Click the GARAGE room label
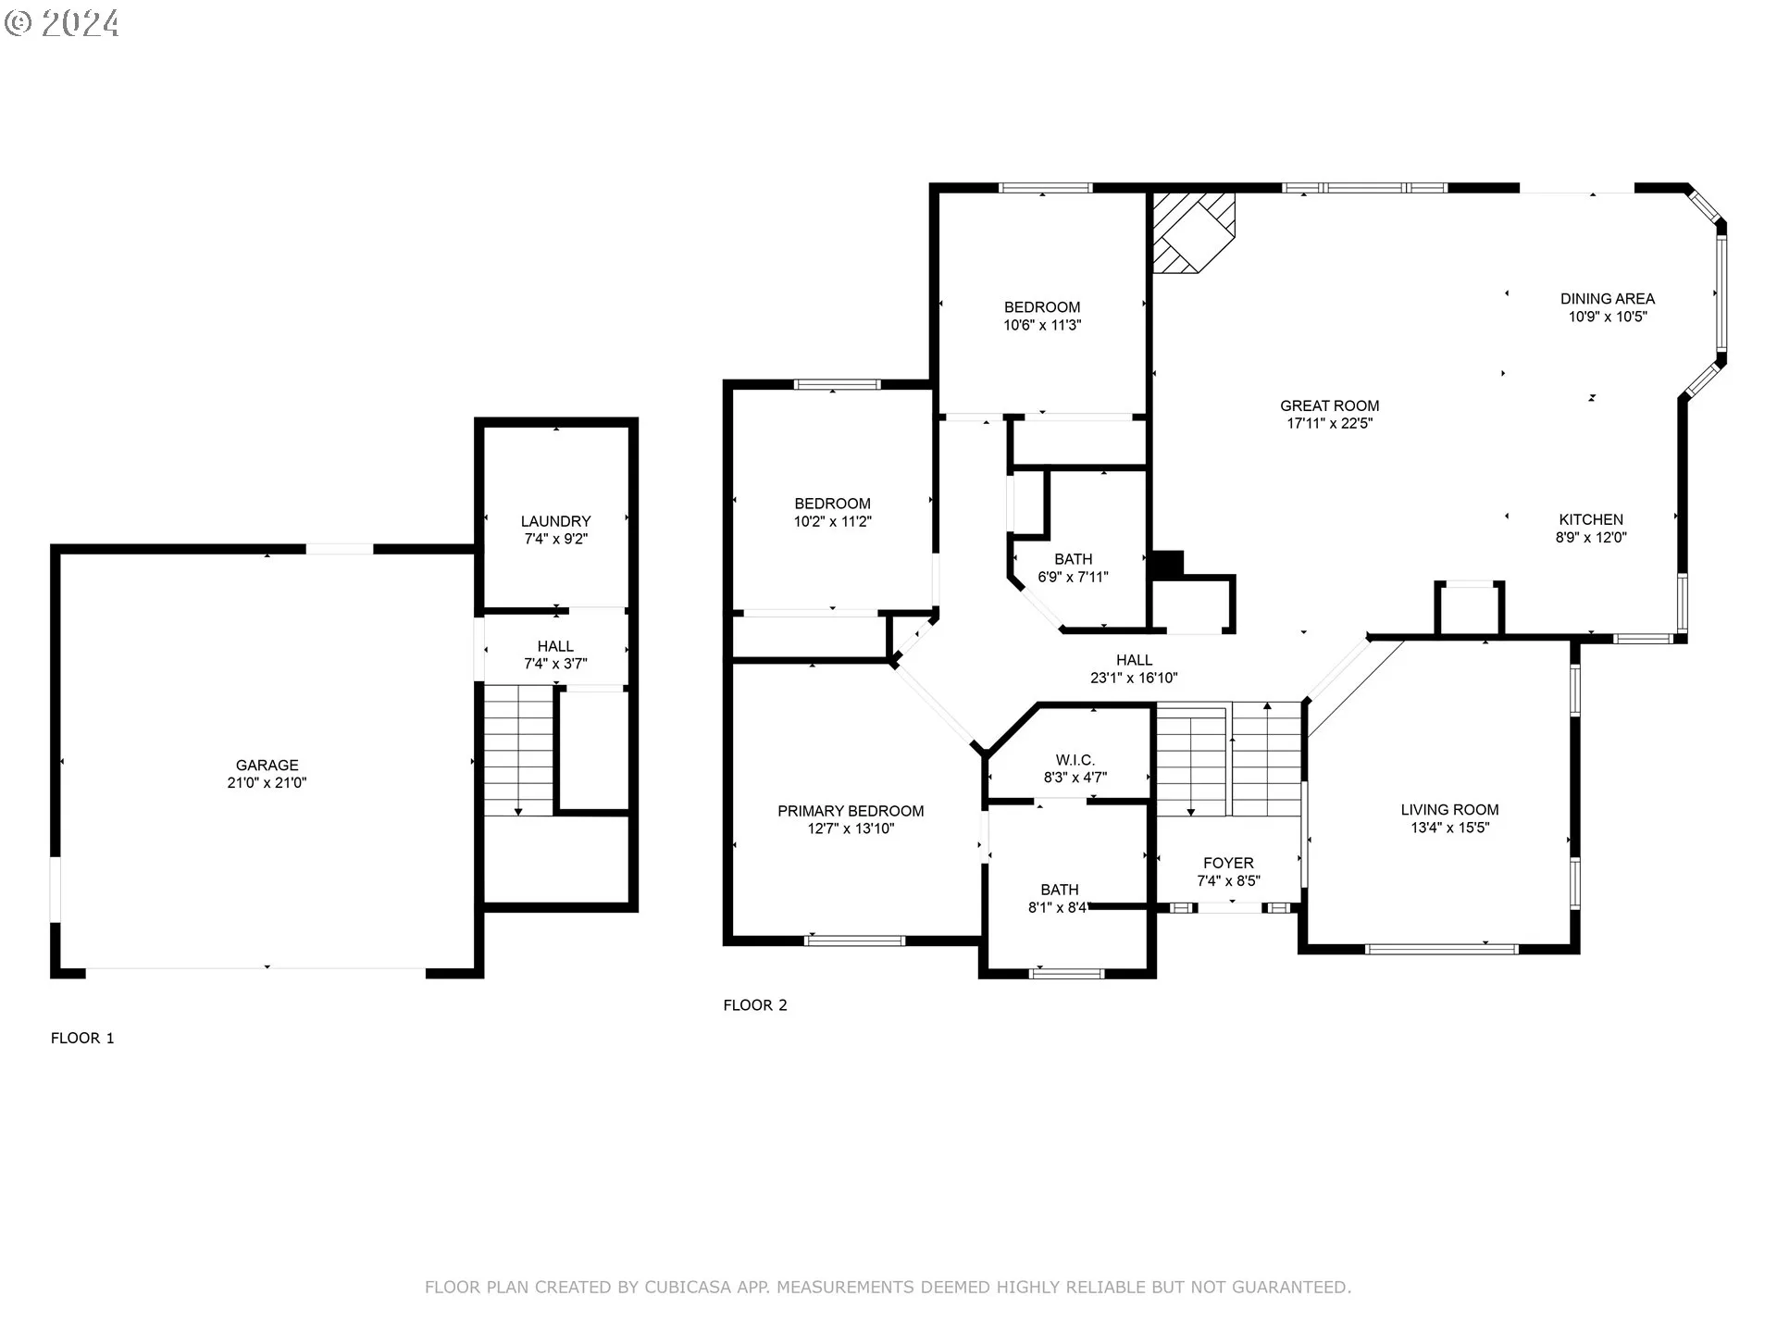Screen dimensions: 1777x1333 267,765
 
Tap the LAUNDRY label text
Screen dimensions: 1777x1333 555,521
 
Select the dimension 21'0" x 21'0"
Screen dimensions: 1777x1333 267,782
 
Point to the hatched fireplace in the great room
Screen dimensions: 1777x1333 1194,231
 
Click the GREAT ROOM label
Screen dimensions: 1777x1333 1329,405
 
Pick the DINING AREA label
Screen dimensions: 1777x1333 1608,298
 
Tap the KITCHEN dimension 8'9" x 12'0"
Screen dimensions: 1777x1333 1591,537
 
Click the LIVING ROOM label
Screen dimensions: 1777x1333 1449,809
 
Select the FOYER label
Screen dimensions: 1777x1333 1228,863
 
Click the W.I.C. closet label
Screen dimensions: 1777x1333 1075,760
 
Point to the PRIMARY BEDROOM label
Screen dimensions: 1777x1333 851,811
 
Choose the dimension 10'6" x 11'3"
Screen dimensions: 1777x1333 1042,325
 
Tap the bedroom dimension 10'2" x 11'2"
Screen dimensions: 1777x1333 832,521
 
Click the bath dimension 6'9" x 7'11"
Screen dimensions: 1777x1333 1073,577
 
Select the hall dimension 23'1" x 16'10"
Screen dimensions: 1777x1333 1134,678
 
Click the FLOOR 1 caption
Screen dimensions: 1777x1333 82,1038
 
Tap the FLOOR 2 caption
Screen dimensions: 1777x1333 755,1004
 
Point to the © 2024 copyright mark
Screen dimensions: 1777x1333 62,23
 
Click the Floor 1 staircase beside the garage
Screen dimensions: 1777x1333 519,751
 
